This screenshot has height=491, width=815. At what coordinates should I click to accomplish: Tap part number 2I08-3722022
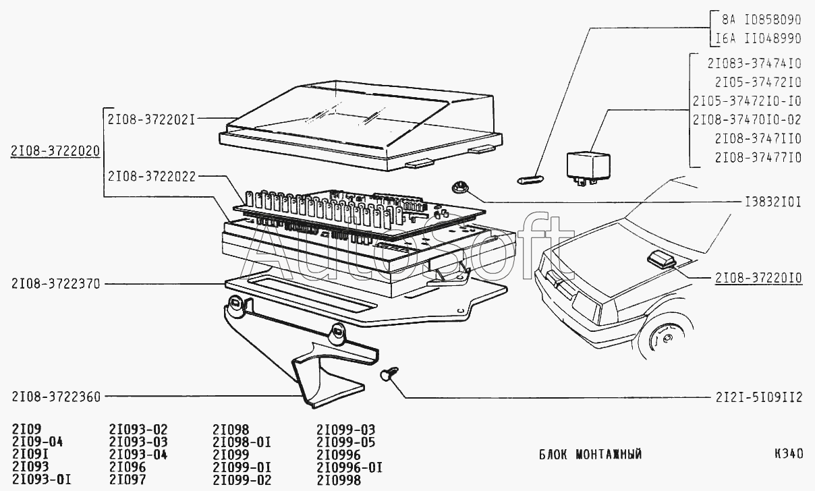(151, 177)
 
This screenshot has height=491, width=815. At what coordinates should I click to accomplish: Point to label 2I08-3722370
(55, 285)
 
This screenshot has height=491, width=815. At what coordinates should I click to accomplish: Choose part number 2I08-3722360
(55, 397)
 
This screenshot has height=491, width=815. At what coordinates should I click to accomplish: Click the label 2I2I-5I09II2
(758, 397)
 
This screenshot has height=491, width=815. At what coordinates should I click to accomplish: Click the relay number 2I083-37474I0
(754, 64)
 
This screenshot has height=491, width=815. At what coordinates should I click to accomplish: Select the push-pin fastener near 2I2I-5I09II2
(389, 373)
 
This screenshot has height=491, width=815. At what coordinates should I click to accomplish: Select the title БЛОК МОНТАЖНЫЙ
(590, 454)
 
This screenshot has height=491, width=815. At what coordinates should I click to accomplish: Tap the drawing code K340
(787, 454)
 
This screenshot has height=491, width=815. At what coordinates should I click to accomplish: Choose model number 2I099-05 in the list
(346, 442)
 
